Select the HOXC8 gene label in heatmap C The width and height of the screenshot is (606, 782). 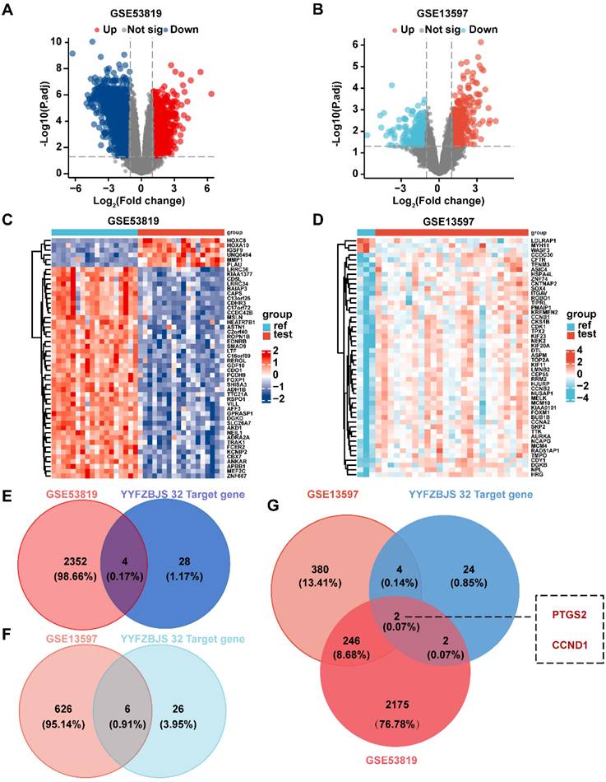(233, 240)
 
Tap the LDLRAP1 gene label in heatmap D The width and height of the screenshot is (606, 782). (547, 240)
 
